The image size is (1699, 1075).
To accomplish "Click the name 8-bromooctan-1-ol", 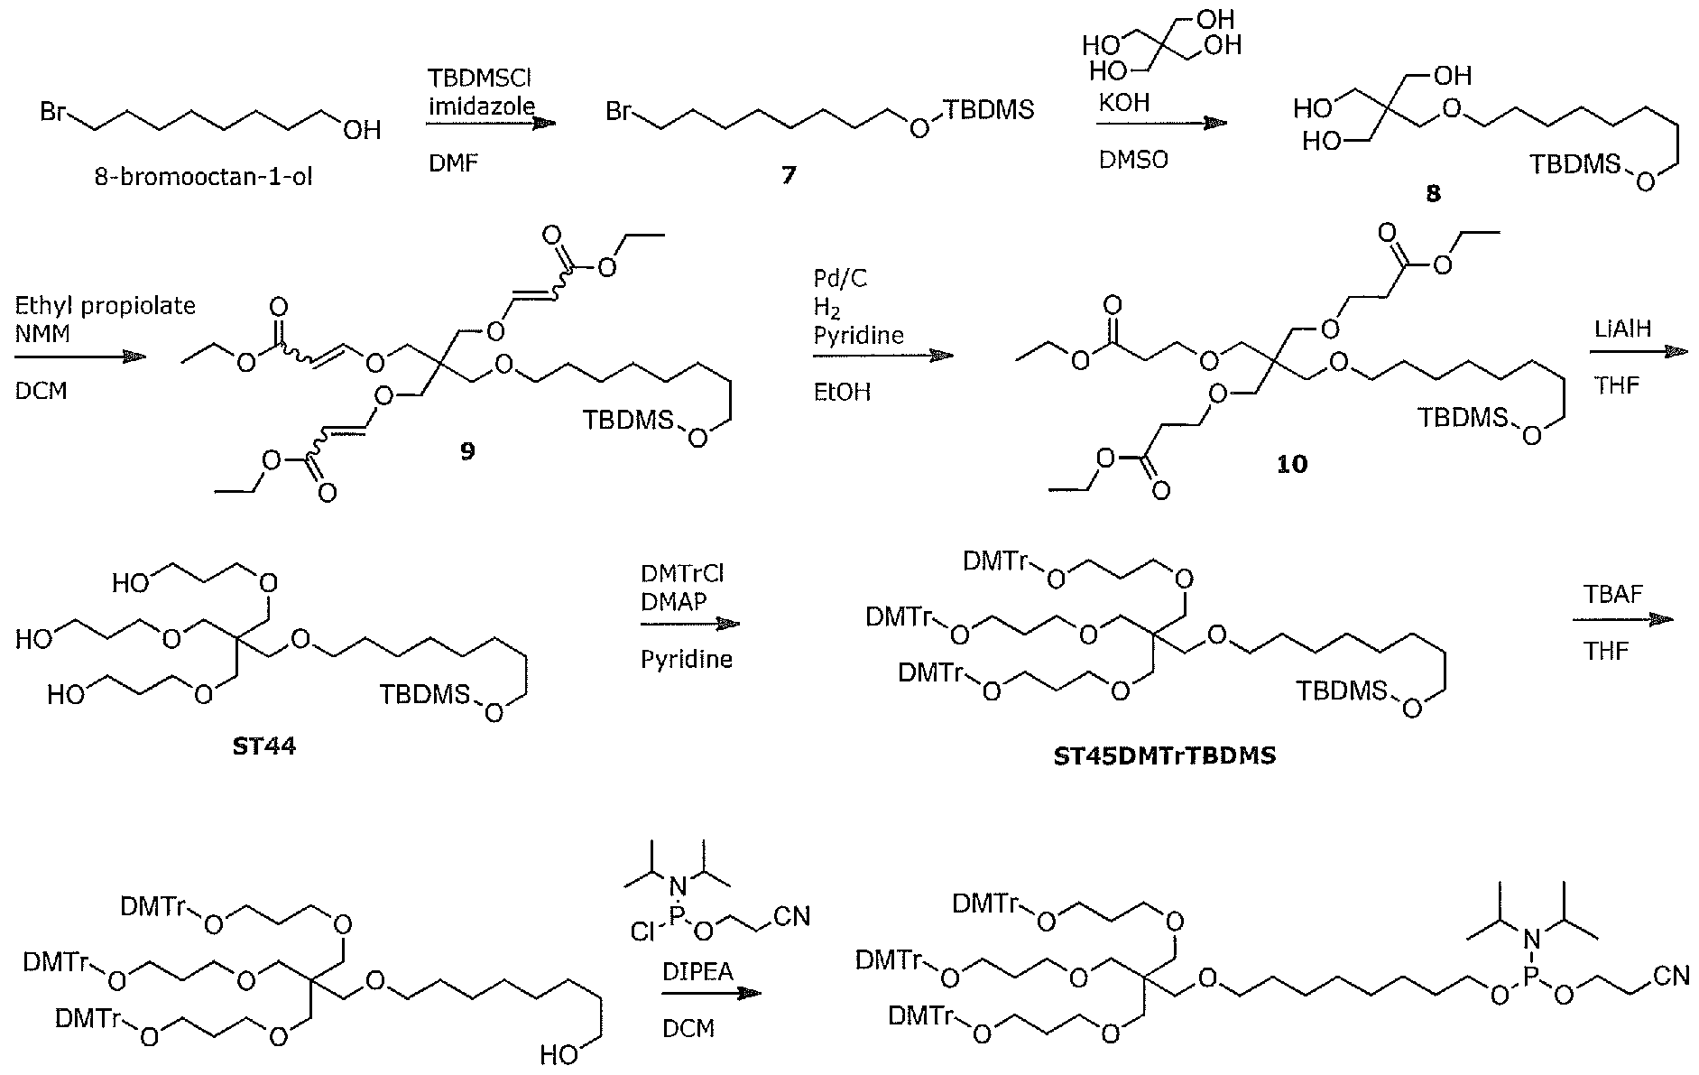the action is coord(204,176).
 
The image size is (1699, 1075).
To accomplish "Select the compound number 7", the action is coord(789,175).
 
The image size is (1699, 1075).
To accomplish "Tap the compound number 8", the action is coord(1433,193).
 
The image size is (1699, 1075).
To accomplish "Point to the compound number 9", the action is coord(466,450).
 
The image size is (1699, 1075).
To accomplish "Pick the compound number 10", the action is coord(1292,464).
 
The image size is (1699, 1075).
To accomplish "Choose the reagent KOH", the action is coord(1123,103).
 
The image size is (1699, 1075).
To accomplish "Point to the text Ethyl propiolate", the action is coord(105,305).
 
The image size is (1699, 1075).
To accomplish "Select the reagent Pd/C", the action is coord(839,279).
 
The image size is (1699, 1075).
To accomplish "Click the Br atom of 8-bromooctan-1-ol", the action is coord(53,113).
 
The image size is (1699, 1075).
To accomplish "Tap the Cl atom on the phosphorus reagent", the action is coord(642,931).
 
